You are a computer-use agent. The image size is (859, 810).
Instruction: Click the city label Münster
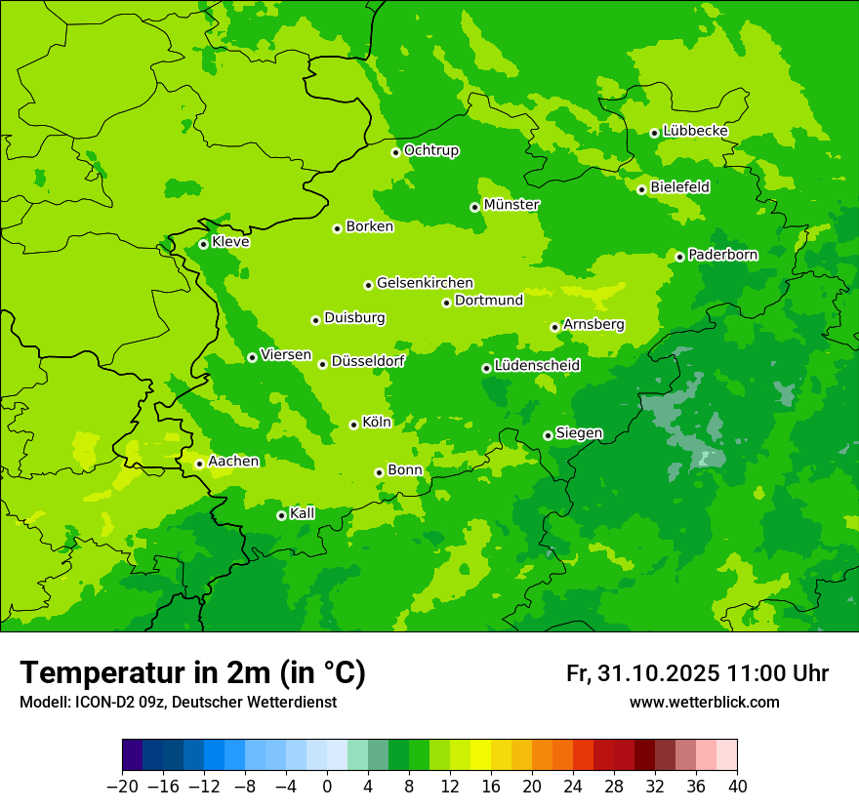pos(511,205)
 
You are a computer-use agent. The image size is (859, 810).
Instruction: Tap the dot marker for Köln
pos(353,425)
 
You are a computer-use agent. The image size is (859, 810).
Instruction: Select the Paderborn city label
pos(722,255)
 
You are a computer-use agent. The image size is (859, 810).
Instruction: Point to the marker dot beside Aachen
pos(199,464)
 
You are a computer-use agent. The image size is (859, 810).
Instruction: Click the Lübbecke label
pos(695,131)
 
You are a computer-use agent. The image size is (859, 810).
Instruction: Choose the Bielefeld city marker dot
pos(641,189)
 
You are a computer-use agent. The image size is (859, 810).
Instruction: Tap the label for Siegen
pos(579,433)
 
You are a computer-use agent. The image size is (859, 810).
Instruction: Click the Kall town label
pos(303,513)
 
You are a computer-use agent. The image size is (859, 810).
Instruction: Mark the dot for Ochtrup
pos(395,152)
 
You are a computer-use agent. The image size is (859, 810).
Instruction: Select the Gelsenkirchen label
pos(425,283)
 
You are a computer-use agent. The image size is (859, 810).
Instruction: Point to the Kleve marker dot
pos(203,244)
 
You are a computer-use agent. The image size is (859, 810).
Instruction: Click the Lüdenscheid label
pos(537,366)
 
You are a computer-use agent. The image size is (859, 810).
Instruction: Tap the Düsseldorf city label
pos(368,361)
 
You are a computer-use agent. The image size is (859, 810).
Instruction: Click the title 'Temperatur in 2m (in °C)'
pos(192,672)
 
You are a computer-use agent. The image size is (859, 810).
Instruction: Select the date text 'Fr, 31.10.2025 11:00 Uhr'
pos(697,673)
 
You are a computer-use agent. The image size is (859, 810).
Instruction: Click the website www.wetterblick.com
pos(704,703)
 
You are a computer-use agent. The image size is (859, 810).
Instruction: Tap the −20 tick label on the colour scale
pos(123,787)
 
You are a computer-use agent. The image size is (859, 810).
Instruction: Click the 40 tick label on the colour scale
pos(737,787)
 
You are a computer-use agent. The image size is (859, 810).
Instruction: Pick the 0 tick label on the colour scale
pos(327,787)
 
